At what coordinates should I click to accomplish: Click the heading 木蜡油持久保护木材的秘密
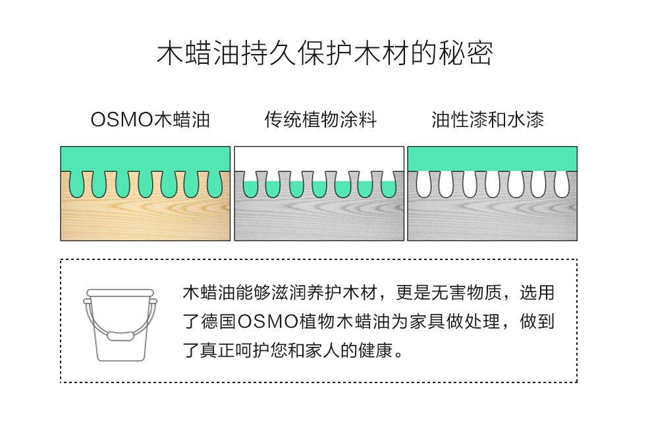click(x=325, y=53)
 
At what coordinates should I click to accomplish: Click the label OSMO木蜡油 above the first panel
click(x=150, y=120)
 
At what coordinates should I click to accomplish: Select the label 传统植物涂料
click(x=321, y=120)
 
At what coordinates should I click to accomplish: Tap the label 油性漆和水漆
click(x=488, y=120)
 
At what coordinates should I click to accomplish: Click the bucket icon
click(x=120, y=325)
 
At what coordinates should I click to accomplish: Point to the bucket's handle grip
click(x=121, y=335)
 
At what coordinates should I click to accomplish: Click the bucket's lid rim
click(x=120, y=293)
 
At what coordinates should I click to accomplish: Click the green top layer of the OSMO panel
click(x=145, y=159)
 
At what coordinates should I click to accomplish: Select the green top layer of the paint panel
click(x=493, y=159)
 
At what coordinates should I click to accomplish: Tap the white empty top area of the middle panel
click(x=319, y=159)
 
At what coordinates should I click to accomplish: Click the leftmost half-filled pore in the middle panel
click(x=250, y=189)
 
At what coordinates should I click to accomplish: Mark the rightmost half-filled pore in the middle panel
click(x=389, y=189)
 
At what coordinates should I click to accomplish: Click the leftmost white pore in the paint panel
click(x=423, y=184)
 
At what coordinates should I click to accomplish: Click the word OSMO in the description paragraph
click(x=268, y=322)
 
